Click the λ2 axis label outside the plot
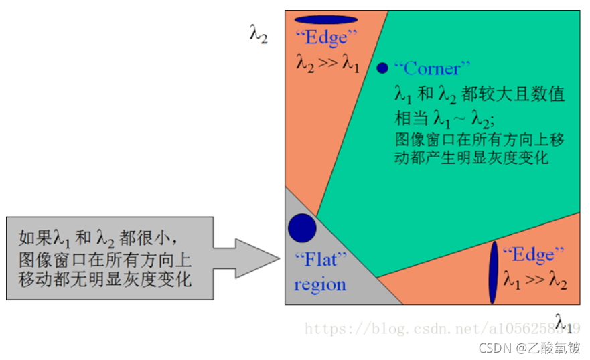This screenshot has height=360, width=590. [259, 35]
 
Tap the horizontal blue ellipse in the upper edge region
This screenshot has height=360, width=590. [326, 19]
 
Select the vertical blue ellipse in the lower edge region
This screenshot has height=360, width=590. [494, 272]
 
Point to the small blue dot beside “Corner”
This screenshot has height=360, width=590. [382, 68]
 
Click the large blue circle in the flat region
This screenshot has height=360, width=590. [302, 228]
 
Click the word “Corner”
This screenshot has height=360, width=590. [432, 68]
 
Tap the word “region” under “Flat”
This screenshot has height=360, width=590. [319, 284]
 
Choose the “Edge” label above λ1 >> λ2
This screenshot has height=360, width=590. [533, 254]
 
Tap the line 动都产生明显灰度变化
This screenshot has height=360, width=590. [472, 159]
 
